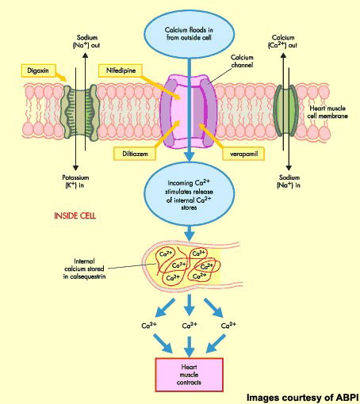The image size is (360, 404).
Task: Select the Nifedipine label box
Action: (125, 72)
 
